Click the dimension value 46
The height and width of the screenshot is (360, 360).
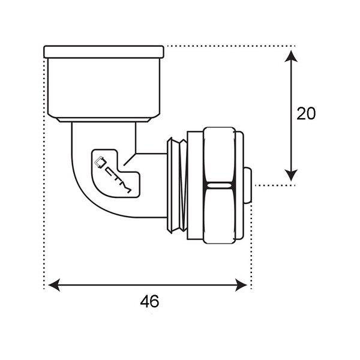(149, 301)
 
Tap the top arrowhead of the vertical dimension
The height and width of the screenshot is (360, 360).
(291, 55)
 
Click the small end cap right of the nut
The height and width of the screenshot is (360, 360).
(247, 185)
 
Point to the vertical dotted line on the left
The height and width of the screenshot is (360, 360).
(44, 180)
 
